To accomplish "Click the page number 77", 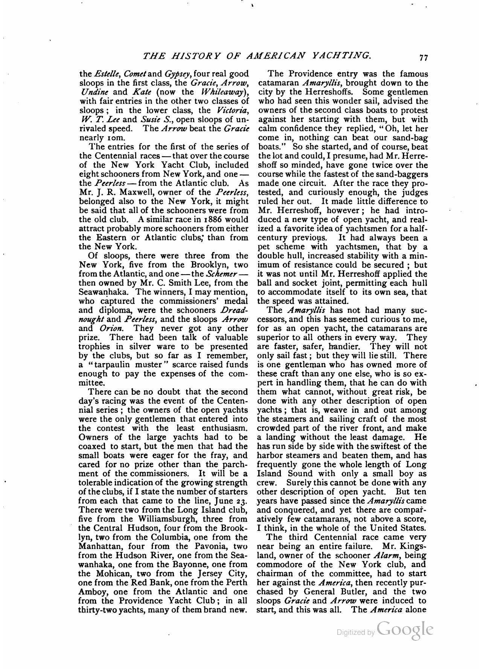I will point(424,58).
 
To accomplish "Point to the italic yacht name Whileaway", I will point(222,92).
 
